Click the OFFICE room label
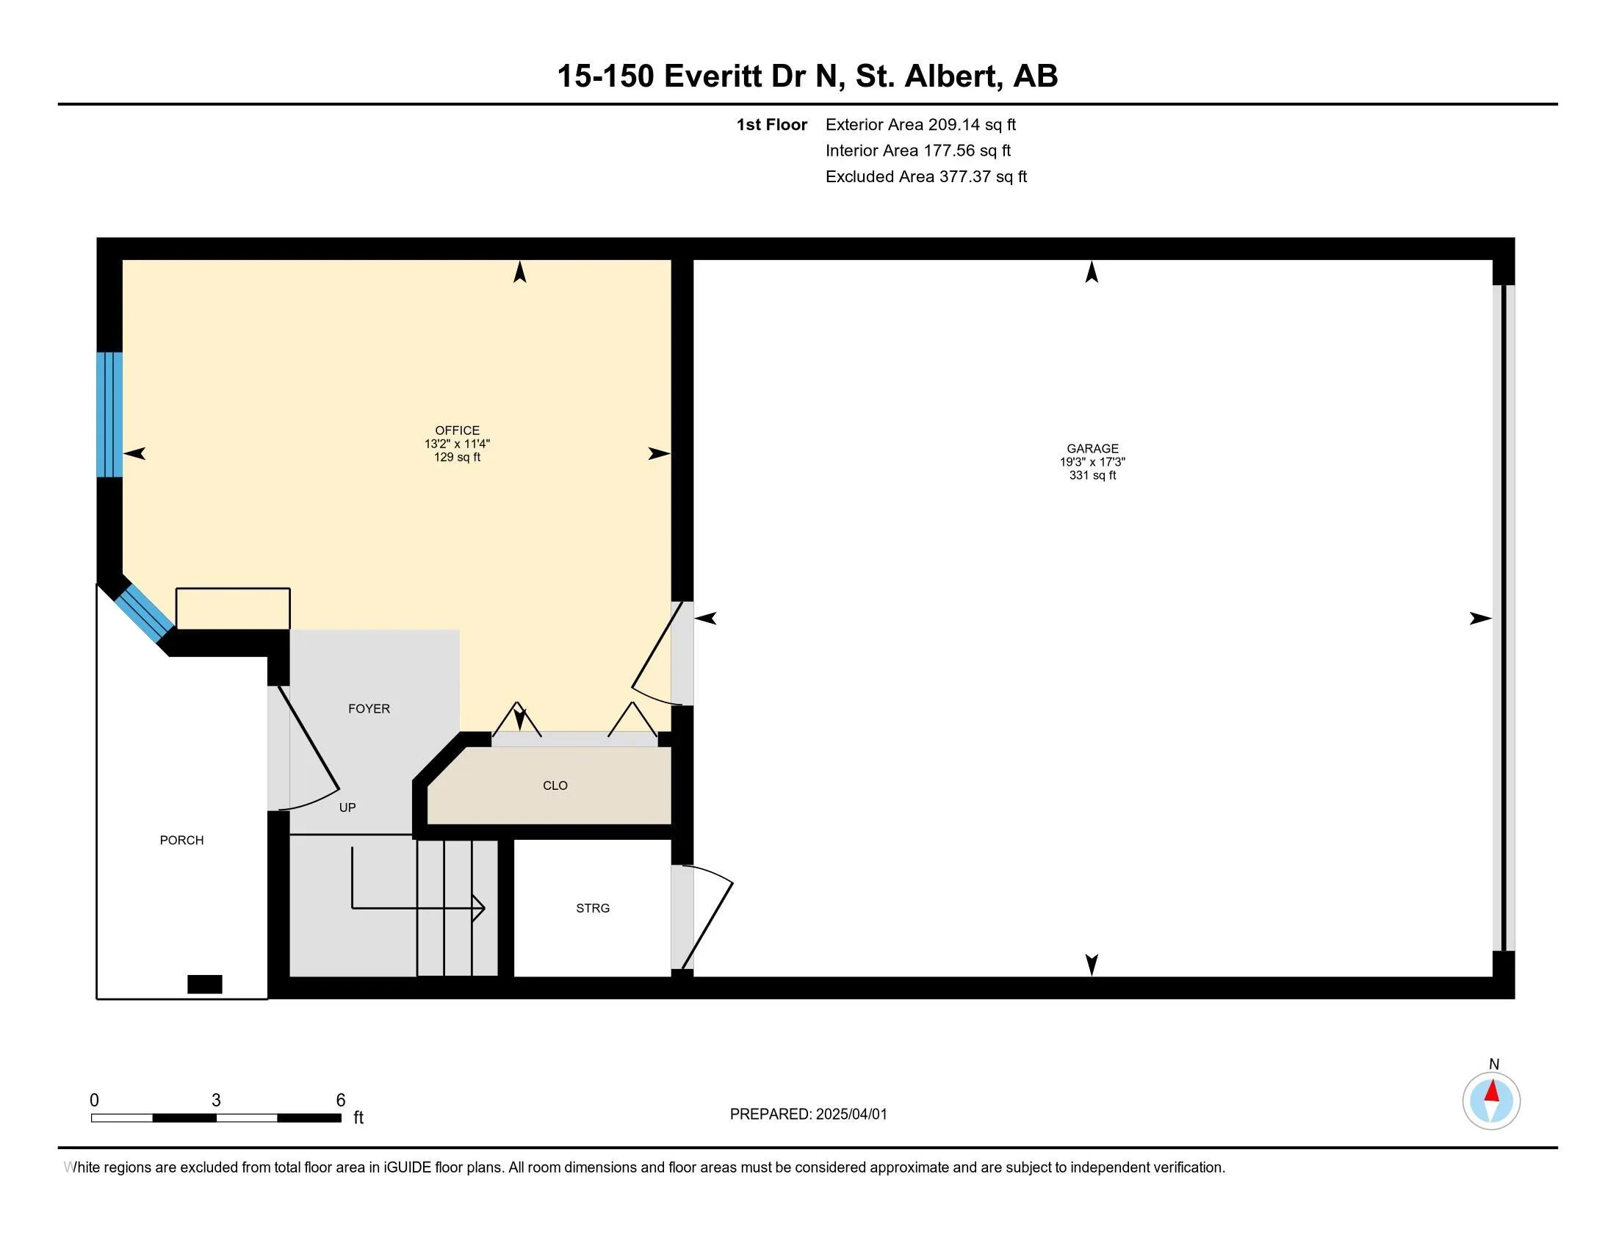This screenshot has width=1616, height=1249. click(458, 431)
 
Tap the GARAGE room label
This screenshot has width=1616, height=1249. click(1092, 448)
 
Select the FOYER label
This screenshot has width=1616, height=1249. click(369, 709)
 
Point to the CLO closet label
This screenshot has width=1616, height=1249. click(555, 786)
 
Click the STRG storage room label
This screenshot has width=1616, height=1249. click(593, 908)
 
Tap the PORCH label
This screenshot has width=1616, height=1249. click(181, 840)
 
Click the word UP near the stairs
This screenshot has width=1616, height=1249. click(347, 807)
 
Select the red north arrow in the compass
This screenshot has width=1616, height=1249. click(1493, 1091)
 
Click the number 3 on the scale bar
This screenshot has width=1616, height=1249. click(216, 1101)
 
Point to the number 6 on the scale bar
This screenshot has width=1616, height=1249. click(340, 1101)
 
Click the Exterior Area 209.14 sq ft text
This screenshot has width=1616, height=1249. click(920, 125)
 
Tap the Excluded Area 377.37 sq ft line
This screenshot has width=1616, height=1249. click(926, 177)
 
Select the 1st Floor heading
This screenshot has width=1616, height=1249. click(771, 125)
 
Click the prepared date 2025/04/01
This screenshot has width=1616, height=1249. click(851, 1115)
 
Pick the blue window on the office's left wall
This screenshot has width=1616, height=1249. click(109, 414)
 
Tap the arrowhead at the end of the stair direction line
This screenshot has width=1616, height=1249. click(480, 908)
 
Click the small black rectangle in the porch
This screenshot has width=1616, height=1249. click(205, 984)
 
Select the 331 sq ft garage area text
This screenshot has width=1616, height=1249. click(1092, 476)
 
